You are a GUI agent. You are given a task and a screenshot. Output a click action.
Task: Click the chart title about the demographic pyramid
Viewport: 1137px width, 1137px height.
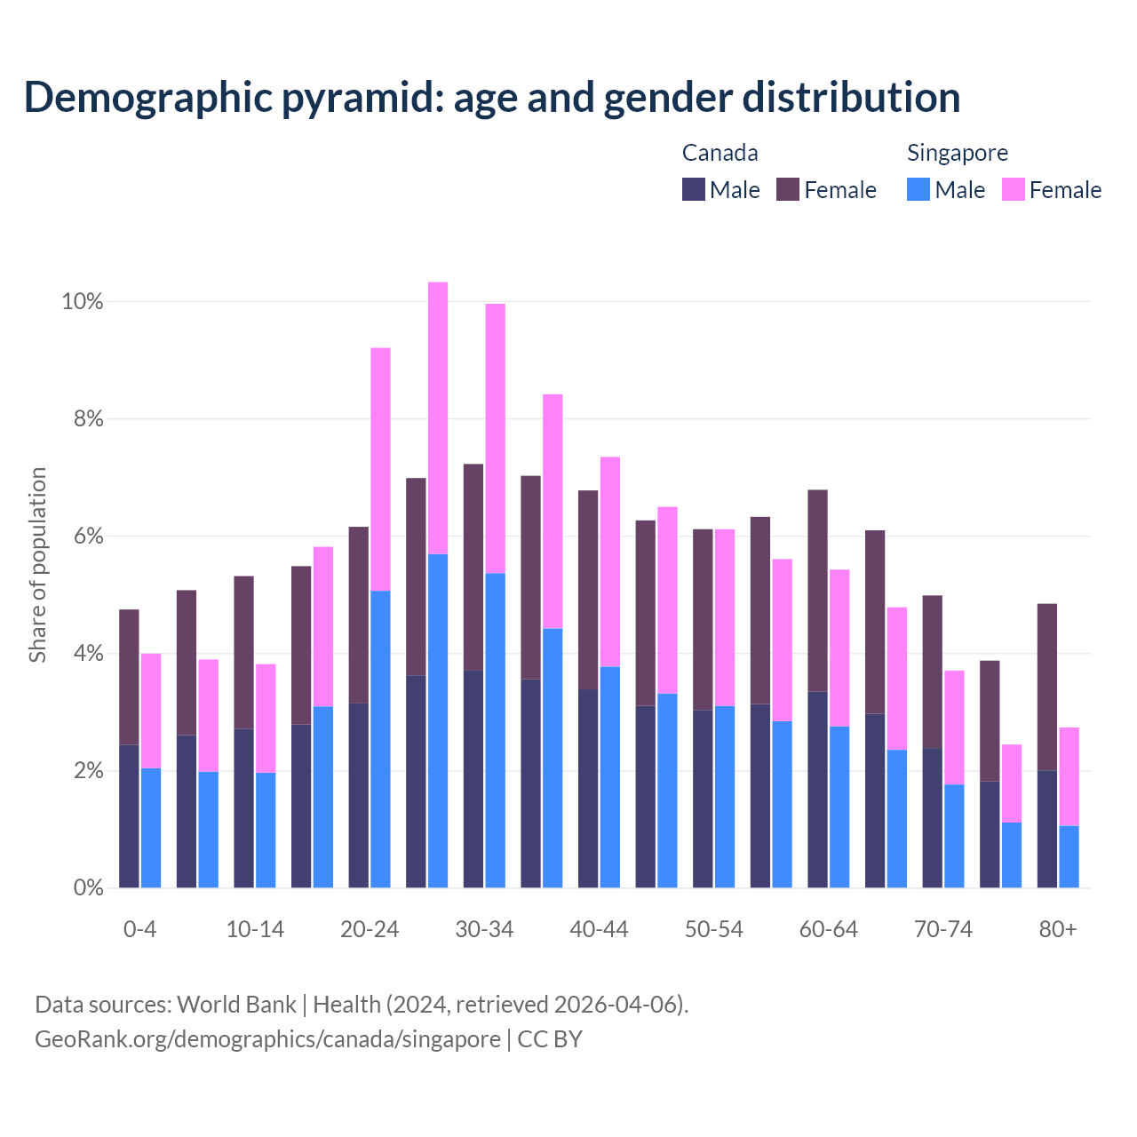tap(492, 98)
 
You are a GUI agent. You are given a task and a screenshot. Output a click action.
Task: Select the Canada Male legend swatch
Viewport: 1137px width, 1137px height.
tap(694, 189)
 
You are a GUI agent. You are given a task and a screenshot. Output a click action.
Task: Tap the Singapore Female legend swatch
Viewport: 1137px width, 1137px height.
tap(1014, 189)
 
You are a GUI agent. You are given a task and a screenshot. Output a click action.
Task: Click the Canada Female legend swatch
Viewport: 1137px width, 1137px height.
tap(788, 189)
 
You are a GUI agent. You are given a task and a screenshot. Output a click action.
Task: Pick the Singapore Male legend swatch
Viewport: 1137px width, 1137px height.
tap(918, 189)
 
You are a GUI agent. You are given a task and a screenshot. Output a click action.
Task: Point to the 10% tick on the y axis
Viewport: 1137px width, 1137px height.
tap(82, 302)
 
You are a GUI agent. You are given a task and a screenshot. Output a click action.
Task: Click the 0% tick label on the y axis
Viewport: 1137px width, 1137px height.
tap(88, 887)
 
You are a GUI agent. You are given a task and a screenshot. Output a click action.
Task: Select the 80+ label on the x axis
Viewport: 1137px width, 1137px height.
tap(1058, 929)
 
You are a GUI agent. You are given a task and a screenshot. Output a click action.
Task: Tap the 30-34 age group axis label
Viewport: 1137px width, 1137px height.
tap(484, 929)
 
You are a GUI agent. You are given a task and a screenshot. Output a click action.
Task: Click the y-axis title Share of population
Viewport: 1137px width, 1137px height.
tap(38, 565)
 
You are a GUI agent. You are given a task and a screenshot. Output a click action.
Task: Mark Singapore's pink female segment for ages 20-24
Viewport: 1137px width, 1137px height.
tap(380, 469)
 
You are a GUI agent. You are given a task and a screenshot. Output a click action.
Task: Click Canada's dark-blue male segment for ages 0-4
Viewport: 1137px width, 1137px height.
tap(129, 815)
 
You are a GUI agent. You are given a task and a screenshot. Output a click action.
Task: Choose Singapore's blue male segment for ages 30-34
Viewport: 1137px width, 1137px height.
tap(496, 730)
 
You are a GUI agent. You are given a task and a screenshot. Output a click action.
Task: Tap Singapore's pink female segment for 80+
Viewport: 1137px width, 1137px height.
tap(1069, 776)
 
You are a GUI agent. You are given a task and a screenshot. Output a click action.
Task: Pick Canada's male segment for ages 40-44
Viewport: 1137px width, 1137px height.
tap(588, 788)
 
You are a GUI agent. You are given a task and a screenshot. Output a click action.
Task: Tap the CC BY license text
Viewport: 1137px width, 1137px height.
tap(550, 1039)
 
